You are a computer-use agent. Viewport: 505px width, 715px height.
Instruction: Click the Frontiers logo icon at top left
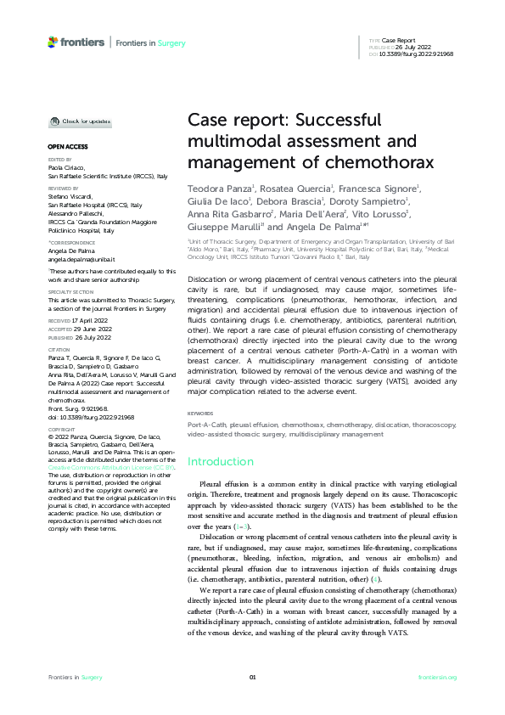[53, 41]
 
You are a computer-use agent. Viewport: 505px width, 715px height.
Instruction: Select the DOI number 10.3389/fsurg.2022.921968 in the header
[418, 53]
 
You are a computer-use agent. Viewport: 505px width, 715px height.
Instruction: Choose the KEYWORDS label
[200, 414]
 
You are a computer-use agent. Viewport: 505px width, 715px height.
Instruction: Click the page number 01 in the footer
[252, 677]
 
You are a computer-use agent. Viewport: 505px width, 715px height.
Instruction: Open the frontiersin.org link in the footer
[438, 677]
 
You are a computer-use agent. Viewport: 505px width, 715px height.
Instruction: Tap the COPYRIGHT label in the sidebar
[61, 430]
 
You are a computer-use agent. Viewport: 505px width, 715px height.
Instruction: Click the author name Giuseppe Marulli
[225, 228]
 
